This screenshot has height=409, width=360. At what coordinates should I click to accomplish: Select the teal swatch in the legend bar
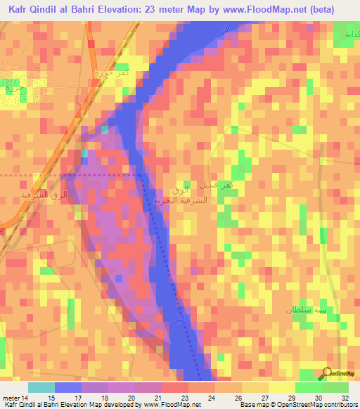(41, 387)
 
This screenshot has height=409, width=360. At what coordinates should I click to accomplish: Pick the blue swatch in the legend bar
(68, 387)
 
